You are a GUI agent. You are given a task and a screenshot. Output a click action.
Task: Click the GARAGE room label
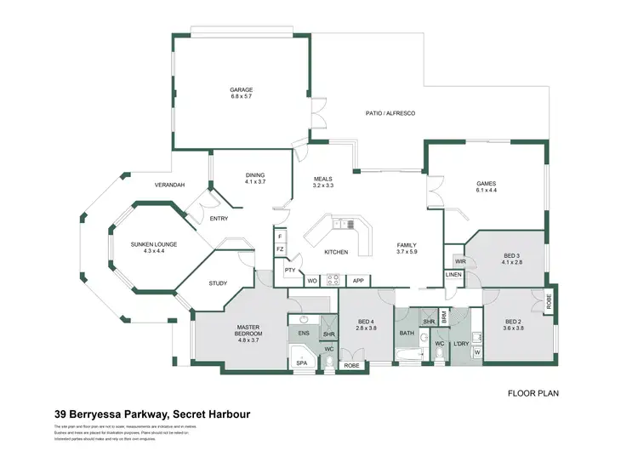(242, 90)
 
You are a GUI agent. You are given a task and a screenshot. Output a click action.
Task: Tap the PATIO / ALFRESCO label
(390, 112)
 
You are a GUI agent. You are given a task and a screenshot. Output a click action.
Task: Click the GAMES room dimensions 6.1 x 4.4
(486, 191)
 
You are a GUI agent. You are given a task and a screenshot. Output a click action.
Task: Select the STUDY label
(218, 283)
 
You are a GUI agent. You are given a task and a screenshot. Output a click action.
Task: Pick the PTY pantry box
(290, 271)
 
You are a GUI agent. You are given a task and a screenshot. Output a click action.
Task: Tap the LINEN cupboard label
(453, 275)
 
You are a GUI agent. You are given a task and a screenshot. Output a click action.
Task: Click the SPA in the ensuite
(301, 363)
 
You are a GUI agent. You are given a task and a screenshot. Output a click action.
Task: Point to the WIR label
(460, 261)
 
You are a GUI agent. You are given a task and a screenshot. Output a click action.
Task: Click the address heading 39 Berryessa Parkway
(151, 414)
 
